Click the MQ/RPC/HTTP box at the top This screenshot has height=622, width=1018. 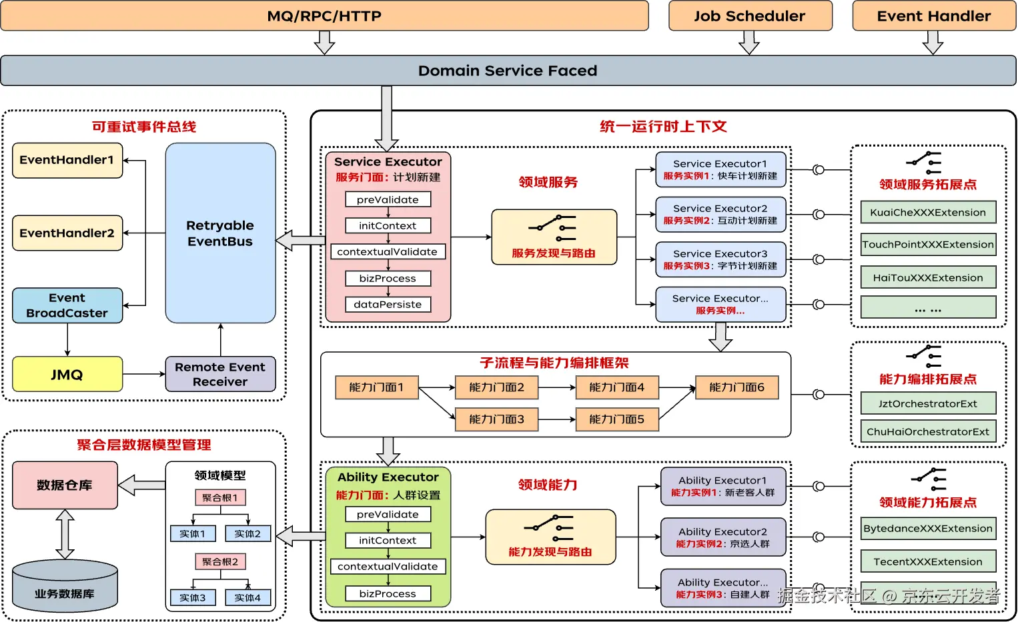(x=324, y=16)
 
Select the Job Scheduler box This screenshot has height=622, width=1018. (x=750, y=16)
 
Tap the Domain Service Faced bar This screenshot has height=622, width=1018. (x=508, y=71)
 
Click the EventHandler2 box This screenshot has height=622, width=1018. (x=67, y=233)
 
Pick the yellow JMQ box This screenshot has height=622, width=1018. (x=67, y=375)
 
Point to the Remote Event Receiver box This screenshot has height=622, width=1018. (x=220, y=374)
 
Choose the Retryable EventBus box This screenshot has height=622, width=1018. (x=220, y=233)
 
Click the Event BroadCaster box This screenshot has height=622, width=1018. (x=67, y=305)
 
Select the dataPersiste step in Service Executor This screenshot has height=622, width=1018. (x=388, y=305)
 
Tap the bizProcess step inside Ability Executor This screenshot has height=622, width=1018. (x=388, y=593)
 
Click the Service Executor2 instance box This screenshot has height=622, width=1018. (x=720, y=215)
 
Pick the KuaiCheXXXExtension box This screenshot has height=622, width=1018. (x=928, y=213)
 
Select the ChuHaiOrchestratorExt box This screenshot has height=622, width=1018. (x=928, y=432)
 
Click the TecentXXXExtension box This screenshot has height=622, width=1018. (x=928, y=562)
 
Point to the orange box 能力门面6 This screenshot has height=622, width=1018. (x=736, y=387)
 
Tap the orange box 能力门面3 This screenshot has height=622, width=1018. (x=496, y=419)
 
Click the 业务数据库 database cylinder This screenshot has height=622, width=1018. (x=65, y=587)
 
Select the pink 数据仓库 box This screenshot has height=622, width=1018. (x=65, y=485)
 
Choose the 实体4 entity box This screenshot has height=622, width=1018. (x=247, y=598)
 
